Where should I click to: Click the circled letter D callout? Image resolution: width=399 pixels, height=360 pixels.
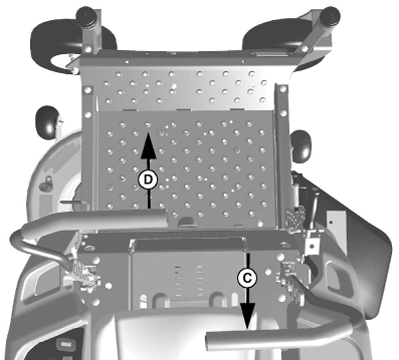148,180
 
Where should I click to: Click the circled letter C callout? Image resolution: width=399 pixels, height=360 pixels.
247,278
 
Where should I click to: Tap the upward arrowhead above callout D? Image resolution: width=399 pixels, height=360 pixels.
148,145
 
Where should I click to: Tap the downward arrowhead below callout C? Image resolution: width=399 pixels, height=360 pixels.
247,316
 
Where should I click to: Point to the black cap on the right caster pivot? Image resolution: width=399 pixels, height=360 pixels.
328,16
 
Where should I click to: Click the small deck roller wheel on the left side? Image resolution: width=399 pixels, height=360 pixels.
47,122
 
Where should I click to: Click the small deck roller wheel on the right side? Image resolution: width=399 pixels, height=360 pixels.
301,147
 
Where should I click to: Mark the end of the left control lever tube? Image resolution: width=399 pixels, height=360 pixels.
164,218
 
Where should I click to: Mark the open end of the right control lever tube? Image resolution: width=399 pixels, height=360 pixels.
210,341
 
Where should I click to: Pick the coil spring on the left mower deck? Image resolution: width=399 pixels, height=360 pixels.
47,184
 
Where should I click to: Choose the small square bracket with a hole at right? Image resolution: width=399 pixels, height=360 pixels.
311,246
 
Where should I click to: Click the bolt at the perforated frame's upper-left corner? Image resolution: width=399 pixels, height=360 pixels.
88,90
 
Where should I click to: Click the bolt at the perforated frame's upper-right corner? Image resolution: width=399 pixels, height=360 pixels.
283,89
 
